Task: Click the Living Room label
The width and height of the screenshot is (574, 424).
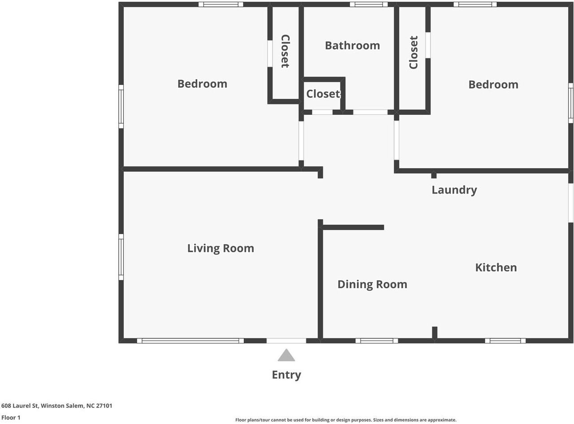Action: pyautogui.click(x=221, y=249)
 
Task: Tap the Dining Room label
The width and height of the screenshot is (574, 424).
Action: pyautogui.click(x=372, y=285)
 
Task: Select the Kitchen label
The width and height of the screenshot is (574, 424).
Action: pyautogui.click(x=496, y=268)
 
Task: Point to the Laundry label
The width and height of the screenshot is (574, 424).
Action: pyautogui.click(x=454, y=190)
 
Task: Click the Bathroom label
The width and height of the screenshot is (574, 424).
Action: pyautogui.click(x=352, y=46)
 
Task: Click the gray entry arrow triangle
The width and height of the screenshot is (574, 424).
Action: pyautogui.click(x=286, y=355)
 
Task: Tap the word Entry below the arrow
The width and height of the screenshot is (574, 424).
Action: pyautogui.click(x=286, y=375)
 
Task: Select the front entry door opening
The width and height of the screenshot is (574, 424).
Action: pyautogui.click(x=286, y=341)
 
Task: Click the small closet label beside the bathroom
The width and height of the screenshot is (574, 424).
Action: pyautogui.click(x=323, y=94)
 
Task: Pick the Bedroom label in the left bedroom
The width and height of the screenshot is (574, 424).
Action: pyautogui.click(x=202, y=84)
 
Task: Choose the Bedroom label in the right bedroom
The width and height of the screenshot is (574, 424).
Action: pyautogui.click(x=493, y=85)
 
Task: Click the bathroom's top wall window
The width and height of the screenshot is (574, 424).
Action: pyautogui.click(x=369, y=4)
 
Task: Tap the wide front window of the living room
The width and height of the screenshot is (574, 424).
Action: pyautogui.click(x=190, y=341)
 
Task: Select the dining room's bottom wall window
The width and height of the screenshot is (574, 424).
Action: pyautogui.click(x=377, y=341)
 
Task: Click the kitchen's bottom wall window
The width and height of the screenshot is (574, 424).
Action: pyautogui.click(x=505, y=341)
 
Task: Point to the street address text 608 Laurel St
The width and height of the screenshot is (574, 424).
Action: pyautogui.click(x=20, y=405)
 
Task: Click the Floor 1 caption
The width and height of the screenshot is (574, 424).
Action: pyautogui.click(x=11, y=417)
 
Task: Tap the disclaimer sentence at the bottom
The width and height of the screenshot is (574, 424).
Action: pyautogui.click(x=346, y=420)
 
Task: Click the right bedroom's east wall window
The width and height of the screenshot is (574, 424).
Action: pyautogui.click(x=570, y=103)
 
